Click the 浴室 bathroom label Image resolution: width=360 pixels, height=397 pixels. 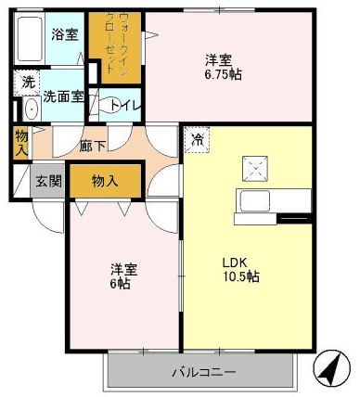click(x=65, y=35)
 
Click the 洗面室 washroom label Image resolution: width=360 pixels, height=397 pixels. click(x=63, y=96)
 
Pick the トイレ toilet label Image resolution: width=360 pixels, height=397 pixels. click(x=124, y=105)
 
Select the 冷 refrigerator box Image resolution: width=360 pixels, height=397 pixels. click(x=197, y=140)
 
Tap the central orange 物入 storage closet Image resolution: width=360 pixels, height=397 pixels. click(x=105, y=181)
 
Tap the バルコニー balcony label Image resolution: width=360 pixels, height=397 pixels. click(x=203, y=373)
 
